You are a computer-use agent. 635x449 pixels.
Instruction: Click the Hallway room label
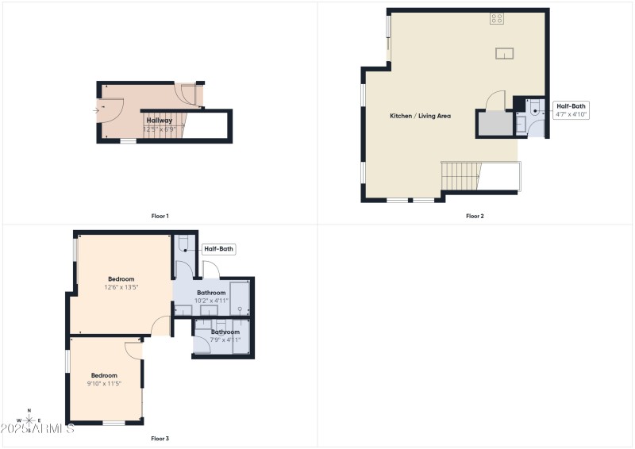[159, 120]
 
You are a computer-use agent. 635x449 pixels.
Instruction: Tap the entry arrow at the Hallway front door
[97, 110]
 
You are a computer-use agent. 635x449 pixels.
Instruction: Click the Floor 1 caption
[160, 216]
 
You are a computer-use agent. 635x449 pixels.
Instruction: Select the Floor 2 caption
[475, 216]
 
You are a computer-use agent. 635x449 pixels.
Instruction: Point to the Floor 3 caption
[160, 438]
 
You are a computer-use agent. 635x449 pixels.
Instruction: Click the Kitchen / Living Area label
[420, 116]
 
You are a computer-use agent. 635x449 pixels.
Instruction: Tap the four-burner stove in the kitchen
[498, 18]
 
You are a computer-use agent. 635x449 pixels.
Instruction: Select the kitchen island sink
[505, 53]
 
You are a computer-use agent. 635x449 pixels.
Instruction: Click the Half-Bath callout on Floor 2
[572, 106]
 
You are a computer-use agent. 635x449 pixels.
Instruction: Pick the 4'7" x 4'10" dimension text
[572, 114]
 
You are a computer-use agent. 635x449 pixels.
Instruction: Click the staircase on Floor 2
[460, 175]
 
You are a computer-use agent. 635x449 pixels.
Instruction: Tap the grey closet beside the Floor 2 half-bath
[495, 124]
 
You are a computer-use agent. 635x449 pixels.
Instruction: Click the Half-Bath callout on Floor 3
[219, 249]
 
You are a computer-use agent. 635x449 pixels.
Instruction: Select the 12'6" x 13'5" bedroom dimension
[121, 287]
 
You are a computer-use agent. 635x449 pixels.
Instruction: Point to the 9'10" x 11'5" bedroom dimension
[104, 383]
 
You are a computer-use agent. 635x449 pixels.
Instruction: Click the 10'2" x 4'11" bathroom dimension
[212, 301]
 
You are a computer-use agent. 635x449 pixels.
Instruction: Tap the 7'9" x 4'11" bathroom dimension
[225, 340]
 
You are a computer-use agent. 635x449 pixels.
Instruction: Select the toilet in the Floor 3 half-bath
[183, 243]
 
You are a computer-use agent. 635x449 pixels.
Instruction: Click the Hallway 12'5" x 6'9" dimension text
[159, 129]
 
